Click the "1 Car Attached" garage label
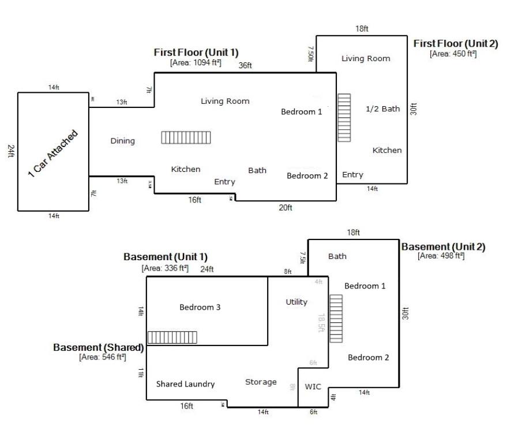52,154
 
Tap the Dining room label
122,141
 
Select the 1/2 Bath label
382,108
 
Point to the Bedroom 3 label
200,307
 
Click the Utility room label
296,302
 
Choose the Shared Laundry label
185,384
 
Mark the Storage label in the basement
261,382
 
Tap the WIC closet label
313,387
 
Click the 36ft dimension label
245,65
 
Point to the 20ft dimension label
286,208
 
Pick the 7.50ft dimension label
310,54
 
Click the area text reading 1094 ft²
196,62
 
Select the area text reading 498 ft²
441,256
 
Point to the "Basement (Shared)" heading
98,348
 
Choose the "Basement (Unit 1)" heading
166,257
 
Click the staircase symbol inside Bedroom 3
172,337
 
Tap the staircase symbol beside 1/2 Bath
344,118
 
